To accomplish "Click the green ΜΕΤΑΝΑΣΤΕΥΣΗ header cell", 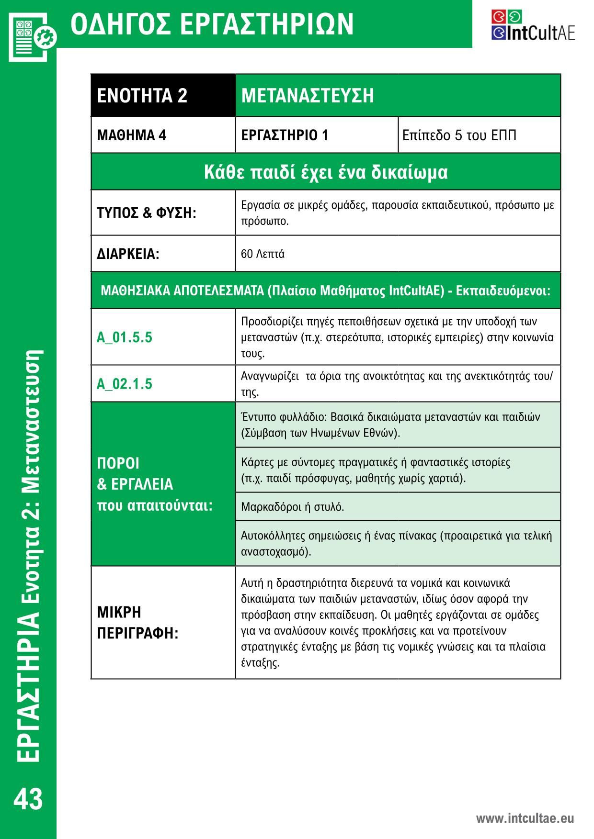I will pyautogui.click(x=398, y=95).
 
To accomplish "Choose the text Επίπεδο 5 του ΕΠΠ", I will pyautogui.click(x=459, y=135).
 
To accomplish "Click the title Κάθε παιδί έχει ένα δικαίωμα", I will pyautogui.click(x=326, y=172).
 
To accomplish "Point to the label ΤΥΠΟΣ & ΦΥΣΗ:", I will pyautogui.click(x=147, y=213).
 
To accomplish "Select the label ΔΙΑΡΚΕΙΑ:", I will pyautogui.click(x=128, y=254).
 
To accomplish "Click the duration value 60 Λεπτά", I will pyautogui.click(x=263, y=254).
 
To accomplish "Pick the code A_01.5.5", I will pyautogui.click(x=124, y=337).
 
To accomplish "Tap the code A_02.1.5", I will pyautogui.click(x=124, y=384).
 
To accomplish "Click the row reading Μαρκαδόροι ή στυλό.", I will pyautogui.click(x=292, y=507).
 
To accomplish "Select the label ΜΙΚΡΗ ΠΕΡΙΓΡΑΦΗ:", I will pyautogui.click(x=137, y=623).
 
